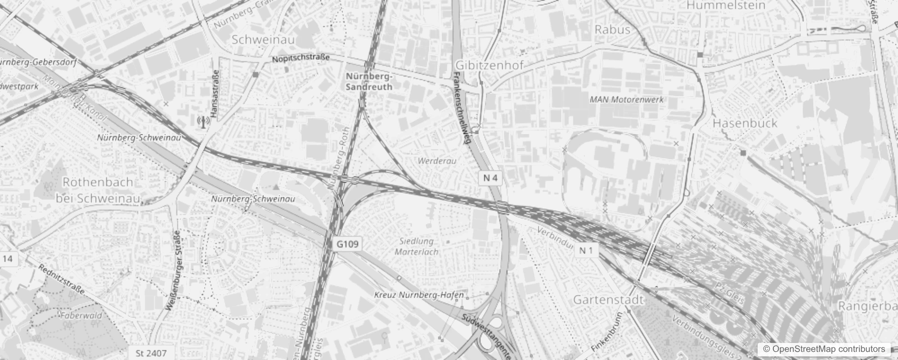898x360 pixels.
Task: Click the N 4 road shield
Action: (490, 178)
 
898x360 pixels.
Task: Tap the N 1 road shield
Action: (586, 251)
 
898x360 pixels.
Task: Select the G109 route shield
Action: (348, 244)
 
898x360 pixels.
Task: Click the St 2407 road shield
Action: (151, 353)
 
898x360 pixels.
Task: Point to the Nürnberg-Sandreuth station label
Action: (369, 81)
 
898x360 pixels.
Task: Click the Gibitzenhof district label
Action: (489, 65)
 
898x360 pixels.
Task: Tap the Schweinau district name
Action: (263, 40)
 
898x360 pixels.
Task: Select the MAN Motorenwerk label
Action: (626, 99)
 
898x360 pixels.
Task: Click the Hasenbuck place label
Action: (745, 123)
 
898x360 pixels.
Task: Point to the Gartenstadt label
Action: (608, 300)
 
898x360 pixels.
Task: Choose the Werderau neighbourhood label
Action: (437, 161)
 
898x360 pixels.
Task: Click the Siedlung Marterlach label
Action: (417, 247)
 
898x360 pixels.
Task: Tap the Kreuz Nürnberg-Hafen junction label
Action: (419, 295)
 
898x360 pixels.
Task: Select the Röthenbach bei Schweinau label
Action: (98, 190)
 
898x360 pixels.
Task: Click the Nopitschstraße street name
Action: (301, 58)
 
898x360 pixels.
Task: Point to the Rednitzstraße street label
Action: (61, 279)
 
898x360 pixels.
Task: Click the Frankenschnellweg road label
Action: (462, 108)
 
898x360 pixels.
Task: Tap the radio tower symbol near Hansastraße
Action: (203, 121)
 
